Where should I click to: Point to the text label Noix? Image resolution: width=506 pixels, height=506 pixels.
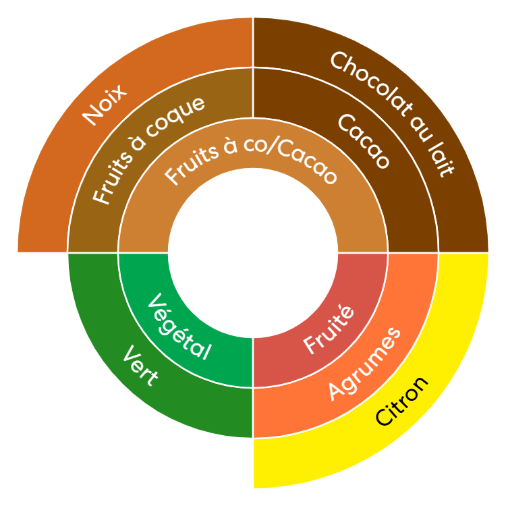[x=104, y=105]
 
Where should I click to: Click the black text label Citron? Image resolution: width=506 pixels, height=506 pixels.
[x=402, y=401]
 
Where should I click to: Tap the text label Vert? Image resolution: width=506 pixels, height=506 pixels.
[x=141, y=366]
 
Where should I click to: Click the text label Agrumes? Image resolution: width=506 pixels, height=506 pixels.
[x=364, y=364]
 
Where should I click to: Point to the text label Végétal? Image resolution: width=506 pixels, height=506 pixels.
[x=179, y=327]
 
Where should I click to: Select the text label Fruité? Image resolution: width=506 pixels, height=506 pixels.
[x=329, y=330]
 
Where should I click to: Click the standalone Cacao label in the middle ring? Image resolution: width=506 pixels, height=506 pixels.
[x=364, y=141]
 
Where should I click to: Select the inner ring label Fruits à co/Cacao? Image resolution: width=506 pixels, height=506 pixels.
[x=251, y=158]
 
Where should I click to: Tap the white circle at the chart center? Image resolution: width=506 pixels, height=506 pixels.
[x=253, y=253]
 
